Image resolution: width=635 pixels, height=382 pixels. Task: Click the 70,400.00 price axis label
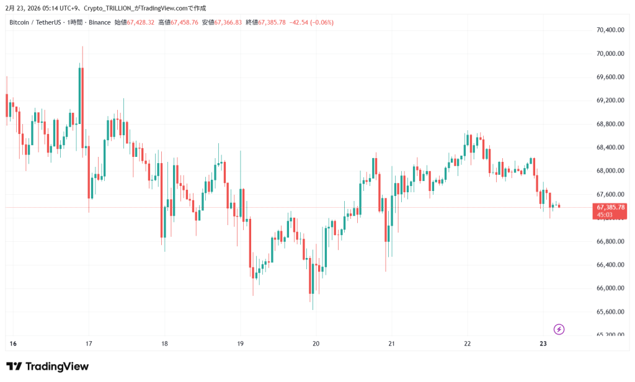click(x=610, y=30)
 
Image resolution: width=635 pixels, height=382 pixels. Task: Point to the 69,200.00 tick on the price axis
click(x=610, y=100)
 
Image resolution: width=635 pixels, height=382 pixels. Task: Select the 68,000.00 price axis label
click(x=610, y=171)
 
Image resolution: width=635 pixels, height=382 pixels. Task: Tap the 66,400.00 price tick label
click(x=610, y=265)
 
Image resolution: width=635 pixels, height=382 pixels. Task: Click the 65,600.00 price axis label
click(x=610, y=311)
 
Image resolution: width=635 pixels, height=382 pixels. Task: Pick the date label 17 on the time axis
click(x=89, y=344)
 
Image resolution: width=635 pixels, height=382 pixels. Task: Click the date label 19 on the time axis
click(x=241, y=344)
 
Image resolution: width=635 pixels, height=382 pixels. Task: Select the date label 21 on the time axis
click(x=392, y=344)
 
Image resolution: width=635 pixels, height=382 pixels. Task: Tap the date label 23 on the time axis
click(x=543, y=344)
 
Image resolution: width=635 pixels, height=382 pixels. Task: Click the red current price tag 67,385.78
click(x=611, y=207)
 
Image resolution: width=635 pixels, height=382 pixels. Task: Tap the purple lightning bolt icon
click(x=559, y=329)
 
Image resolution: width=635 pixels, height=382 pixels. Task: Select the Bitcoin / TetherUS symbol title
click(x=35, y=22)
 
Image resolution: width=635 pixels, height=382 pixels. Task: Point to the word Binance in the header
click(x=100, y=22)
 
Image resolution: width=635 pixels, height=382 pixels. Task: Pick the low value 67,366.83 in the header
click(x=225, y=22)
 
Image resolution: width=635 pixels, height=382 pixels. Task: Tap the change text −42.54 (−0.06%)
click(x=311, y=22)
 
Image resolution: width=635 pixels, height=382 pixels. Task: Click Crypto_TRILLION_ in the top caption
click(x=112, y=8)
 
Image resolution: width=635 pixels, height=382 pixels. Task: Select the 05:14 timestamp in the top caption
click(x=43, y=8)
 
